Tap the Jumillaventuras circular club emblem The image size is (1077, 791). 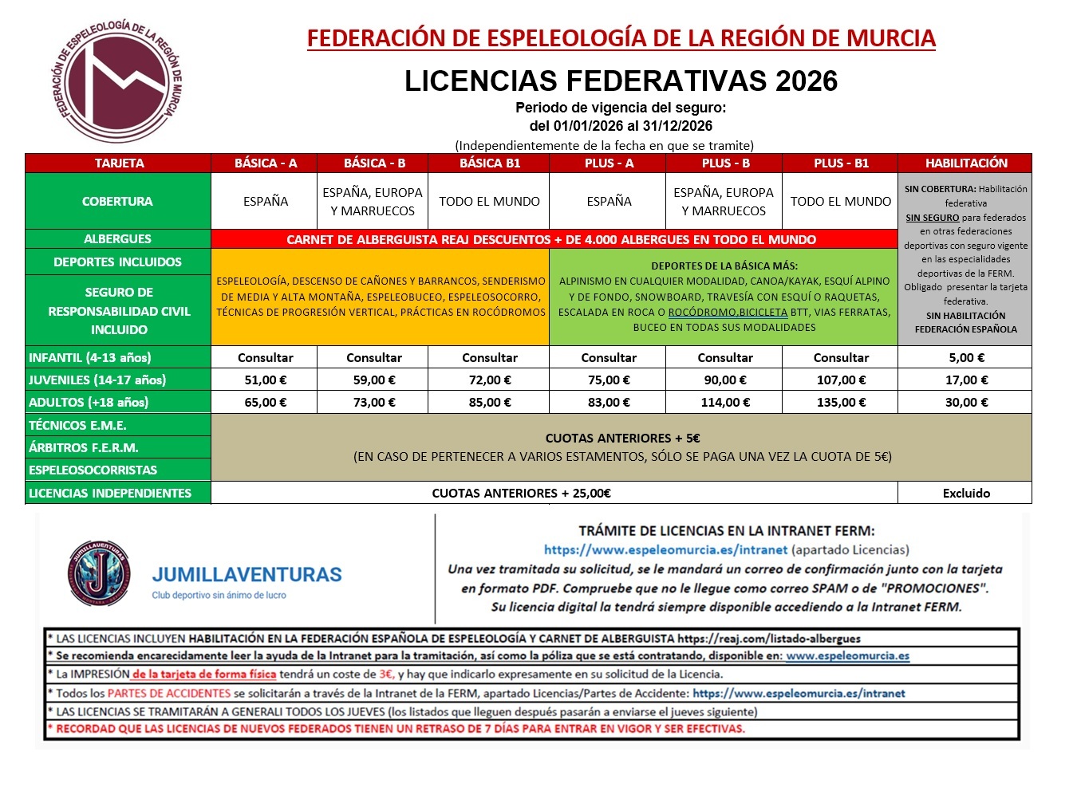point(98,573)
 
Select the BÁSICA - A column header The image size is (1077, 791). point(265,163)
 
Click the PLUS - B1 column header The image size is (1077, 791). point(841,163)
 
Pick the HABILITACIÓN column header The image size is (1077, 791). point(965,163)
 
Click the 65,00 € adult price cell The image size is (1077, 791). point(265,403)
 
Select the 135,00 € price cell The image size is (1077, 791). point(841,403)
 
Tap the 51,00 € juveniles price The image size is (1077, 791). point(265,380)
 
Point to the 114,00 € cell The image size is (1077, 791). point(724,403)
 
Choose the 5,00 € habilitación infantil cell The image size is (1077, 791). point(965,358)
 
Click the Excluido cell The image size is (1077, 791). point(965,494)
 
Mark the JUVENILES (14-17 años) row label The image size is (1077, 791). point(97,380)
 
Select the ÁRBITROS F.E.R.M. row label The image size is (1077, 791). point(84,448)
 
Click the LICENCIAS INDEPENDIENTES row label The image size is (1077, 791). point(110,494)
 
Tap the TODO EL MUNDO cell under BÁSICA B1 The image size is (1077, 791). point(489,202)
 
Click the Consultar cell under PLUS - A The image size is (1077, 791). point(609,358)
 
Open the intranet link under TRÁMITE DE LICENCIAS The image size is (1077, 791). point(665,550)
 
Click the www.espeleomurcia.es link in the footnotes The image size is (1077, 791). point(847,656)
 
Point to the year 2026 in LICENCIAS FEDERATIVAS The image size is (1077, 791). point(807,81)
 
